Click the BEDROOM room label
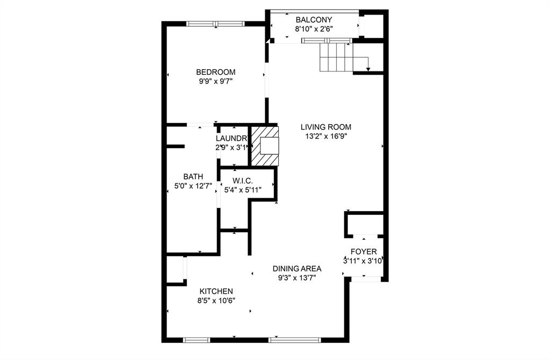point(215,72)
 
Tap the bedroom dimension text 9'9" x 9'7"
point(215,82)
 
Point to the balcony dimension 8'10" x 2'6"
point(314,30)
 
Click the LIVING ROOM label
point(325,127)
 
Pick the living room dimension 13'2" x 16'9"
point(325,136)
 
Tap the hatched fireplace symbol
point(264,146)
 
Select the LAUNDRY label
point(231,138)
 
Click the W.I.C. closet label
point(243,180)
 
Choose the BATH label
point(193,176)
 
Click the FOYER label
point(364,251)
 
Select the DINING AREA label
point(296,269)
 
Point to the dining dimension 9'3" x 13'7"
point(296,278)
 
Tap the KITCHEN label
point(215,291)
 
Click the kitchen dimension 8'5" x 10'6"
point(216,300)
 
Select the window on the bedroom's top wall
point(215,23)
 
